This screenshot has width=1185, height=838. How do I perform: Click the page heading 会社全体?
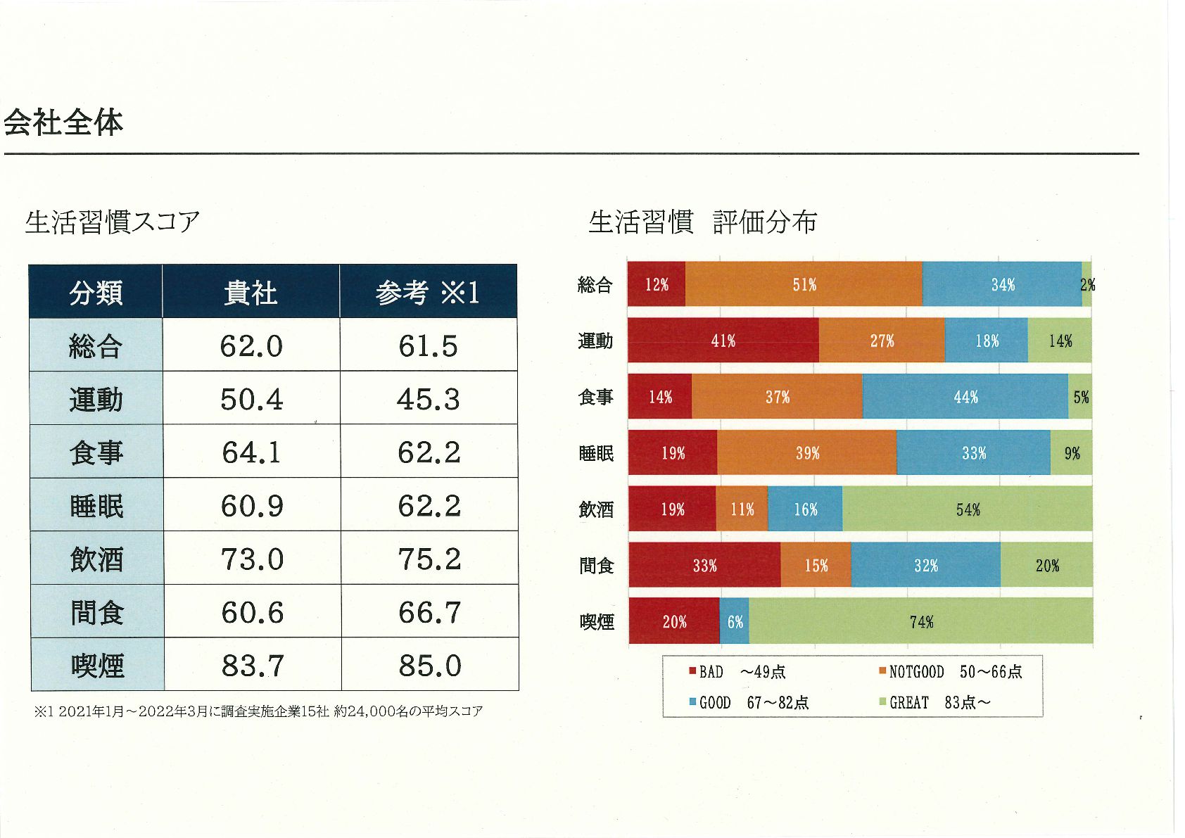(63, 122)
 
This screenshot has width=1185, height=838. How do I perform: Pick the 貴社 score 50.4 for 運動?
(251, 399)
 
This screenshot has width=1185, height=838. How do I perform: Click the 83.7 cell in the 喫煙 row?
(253, 665)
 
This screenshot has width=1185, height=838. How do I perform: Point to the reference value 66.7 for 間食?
(429, 612)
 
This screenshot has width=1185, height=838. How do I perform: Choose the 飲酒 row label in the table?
(97, 559)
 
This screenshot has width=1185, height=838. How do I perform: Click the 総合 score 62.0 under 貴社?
(251, 345)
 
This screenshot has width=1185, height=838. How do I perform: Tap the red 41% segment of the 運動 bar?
(723, 341)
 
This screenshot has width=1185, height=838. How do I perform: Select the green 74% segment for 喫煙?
(920, 621)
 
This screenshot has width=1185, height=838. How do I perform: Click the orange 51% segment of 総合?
(804, 284)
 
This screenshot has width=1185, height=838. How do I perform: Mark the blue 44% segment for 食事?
(965, 397)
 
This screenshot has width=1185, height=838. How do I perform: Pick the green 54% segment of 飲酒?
(967, 509)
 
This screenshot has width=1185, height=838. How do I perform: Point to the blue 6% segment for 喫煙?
(735, 621)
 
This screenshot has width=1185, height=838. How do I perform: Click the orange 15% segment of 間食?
(816, 565)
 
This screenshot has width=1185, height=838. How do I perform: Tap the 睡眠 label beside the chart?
(596, 453)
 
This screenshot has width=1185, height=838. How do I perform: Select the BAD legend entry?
(706, 672)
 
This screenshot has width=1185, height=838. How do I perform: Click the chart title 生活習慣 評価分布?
(702, 222)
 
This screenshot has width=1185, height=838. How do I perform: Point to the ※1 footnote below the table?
(258, 711)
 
